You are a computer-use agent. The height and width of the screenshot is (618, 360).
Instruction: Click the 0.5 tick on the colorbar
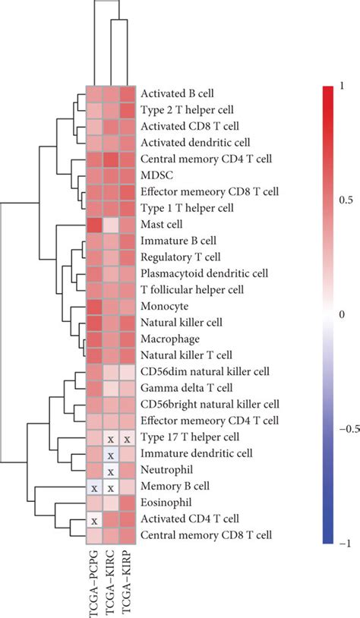tap(346, 200)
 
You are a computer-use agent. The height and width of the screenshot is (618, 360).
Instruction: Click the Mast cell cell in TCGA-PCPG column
tap(93, 225)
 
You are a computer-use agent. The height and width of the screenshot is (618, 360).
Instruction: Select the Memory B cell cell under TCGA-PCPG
tap(93, 487)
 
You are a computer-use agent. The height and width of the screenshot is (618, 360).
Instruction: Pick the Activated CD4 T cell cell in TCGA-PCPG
tap(93, 520)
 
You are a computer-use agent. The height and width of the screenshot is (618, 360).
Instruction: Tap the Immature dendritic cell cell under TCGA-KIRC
tap(110, 455)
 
